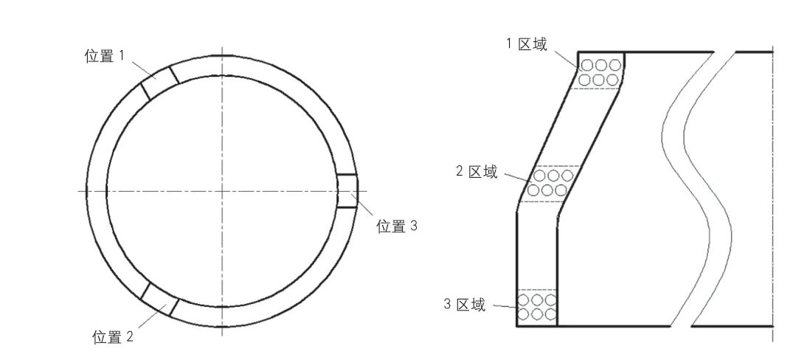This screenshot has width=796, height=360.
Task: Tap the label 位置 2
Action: click(x=113, y=337)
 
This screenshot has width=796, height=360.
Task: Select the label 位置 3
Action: click(x=397, y=226)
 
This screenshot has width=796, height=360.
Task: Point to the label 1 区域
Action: click(x=526, y=44)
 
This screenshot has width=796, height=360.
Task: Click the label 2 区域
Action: click(x=477, y=172)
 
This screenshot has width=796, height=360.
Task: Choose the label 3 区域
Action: click(x=465, y=305)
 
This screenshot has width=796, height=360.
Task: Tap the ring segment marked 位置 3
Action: click(x=347, y=191)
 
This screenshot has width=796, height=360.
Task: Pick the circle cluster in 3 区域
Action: click(x=536, y=308)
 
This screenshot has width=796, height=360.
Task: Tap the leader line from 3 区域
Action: click(x=505, y=306)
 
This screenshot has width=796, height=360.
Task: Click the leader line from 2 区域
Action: click(x=516, y=176)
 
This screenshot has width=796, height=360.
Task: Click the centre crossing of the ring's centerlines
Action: click(x=222, y=191)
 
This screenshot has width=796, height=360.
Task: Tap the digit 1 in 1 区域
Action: click(x=508, y=44)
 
